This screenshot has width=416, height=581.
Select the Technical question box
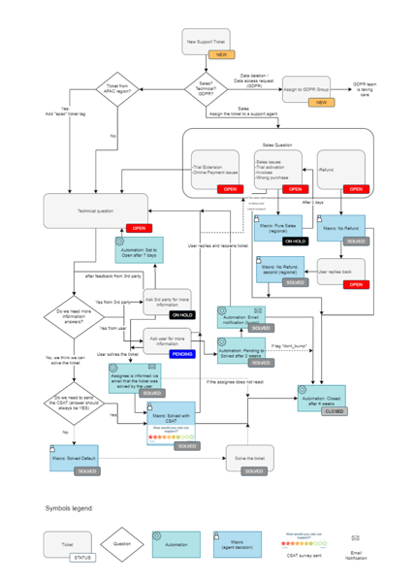(95, 210)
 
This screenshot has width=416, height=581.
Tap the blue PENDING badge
(180, 354)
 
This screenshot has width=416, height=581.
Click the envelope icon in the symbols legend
(355, 536)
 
